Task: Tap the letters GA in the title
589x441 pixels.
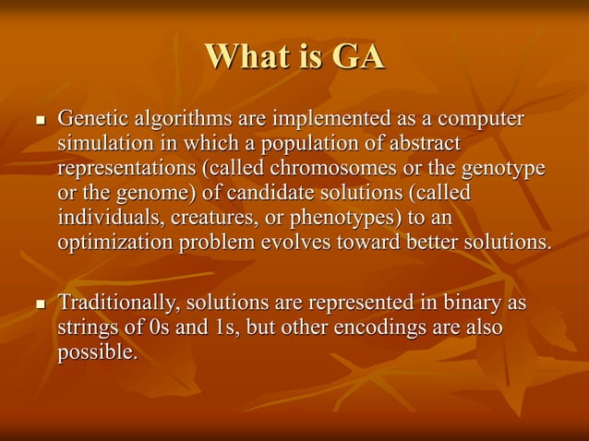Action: coord(357,57)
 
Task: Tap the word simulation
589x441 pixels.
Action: coord(101,145)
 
